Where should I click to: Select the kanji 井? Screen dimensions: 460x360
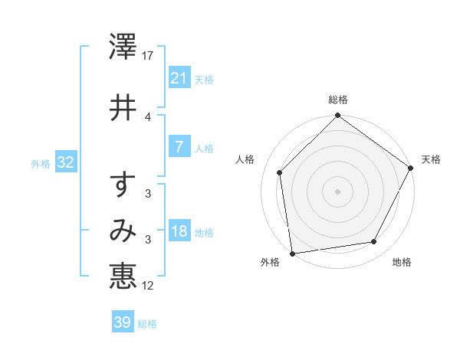(123, 107)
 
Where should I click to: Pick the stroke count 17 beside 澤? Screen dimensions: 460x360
(149, 56)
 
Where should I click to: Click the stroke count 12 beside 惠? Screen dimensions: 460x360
(149, 285)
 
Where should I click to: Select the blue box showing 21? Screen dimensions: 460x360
(179, 78)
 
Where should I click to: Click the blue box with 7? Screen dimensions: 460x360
(179, 147)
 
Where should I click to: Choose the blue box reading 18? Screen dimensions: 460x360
(179, 231)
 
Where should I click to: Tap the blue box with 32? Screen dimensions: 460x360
(65, 162)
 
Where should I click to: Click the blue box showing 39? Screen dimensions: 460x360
(122, 322)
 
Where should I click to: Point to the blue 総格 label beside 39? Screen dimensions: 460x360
(147, 324)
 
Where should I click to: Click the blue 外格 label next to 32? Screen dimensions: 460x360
(41, 163)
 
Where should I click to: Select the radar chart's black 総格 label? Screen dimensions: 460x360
(338, 100)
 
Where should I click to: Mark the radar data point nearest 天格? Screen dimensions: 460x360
(411, 169)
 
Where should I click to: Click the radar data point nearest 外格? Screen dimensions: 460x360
(292, 253)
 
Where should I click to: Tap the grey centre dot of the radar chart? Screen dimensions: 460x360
(337, 191)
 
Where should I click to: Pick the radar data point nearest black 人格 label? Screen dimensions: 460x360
(280, 172)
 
